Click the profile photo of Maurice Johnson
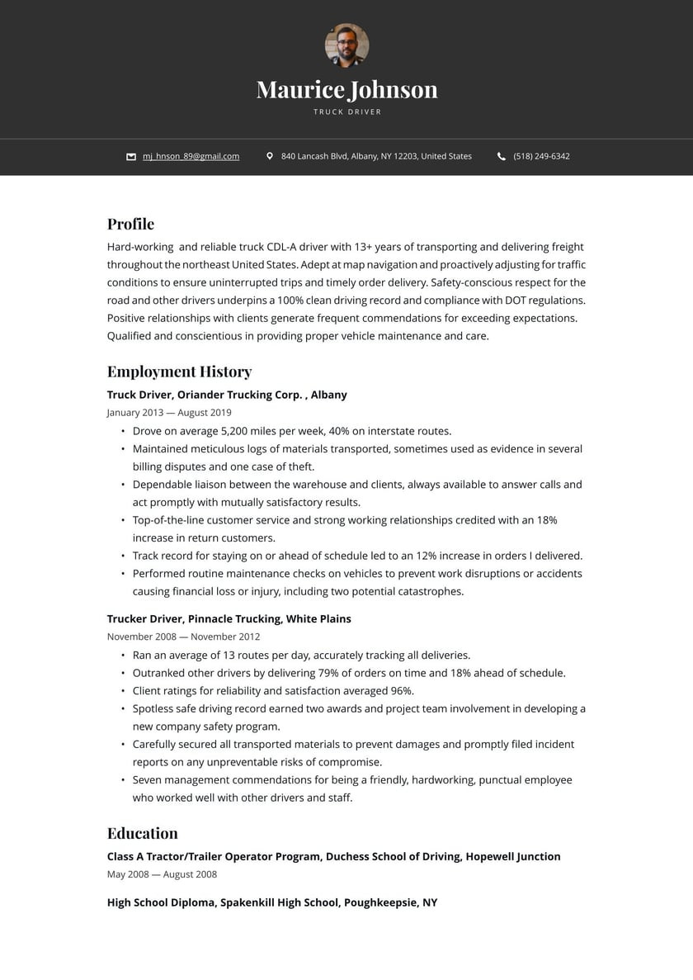[x=346, y=45]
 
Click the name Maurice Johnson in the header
[x=346, y=89]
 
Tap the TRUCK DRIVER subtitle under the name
[x=347, y=111]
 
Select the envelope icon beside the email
[x=131, y=156]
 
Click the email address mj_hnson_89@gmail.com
[x=191, y=156]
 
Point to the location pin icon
[x=269, y=156]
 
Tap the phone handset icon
[x=502, y=156]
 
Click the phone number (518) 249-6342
[x=541, y=156]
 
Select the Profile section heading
[x=130, y=224]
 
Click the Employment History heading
[x=179, y=372]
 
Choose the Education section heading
[x=142, y=833]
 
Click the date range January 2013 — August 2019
[x=169, y=413]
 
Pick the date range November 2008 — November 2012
[x=183, y=637]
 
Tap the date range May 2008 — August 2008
[x=162, y=874]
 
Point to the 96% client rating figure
[x=400, y=691]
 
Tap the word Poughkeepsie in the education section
[x=379, y=902]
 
